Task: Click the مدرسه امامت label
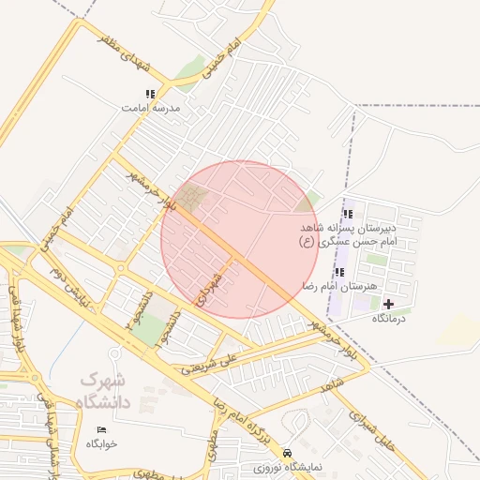pos(150,109)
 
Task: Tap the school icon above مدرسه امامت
pos(150,94)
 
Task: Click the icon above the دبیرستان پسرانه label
pos(349,214)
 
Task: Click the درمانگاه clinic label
pos(389,319)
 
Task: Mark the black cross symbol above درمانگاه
pos(389,304)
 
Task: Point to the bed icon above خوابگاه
pos(101,429)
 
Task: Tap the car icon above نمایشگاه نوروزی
pos(287,451)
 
